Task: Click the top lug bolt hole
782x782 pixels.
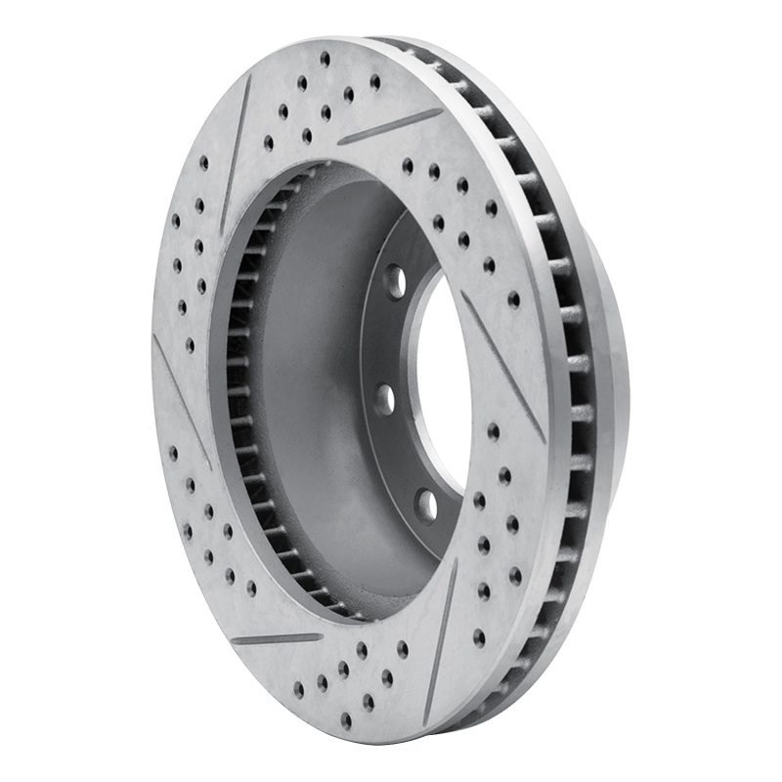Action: [395, 282]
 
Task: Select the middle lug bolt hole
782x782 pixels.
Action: [386, 399]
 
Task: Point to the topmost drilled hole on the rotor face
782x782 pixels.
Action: [325, 59]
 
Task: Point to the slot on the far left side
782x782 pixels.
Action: [181, 401]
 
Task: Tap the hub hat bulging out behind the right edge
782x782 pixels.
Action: [611, 371]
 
